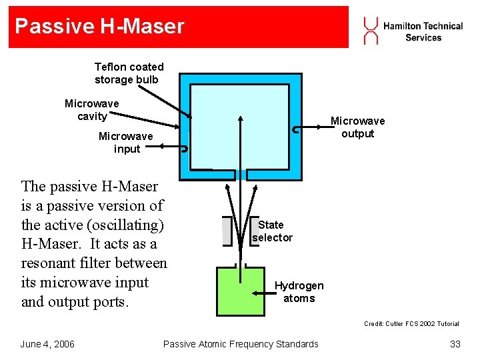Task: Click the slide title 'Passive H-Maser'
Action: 99,27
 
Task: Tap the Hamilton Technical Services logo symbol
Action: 371,31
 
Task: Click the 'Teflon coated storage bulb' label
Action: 129,73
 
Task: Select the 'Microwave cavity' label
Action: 92,110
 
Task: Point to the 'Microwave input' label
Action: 126,143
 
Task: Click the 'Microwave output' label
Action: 358,127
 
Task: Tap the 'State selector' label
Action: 272,231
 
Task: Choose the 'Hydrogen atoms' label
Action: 299,292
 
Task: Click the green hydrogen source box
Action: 240,292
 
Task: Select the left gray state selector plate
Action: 227,231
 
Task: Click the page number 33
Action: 455,344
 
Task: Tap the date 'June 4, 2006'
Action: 47,344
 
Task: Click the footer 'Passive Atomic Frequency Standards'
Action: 241,344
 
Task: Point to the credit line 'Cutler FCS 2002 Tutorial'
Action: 411,324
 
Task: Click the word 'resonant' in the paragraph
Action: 49,263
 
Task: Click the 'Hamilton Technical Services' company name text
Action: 423,31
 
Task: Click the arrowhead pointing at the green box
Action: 255,293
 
